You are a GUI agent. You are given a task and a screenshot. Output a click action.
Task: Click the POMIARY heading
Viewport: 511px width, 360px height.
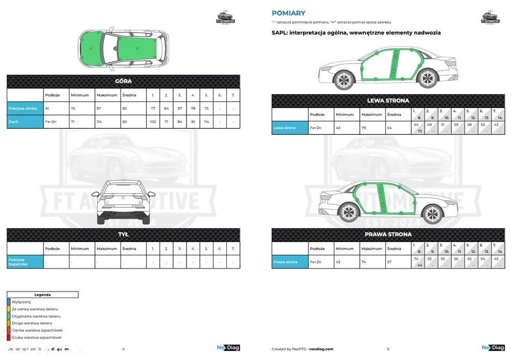[289, 13]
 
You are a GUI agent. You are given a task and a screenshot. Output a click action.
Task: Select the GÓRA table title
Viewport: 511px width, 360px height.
[123, 81]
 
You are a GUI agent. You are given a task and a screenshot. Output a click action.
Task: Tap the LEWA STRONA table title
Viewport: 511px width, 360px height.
[388, 101]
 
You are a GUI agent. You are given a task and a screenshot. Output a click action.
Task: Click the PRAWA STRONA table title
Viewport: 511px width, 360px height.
[388, 234]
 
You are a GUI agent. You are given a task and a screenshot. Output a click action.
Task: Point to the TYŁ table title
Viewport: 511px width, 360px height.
[123, 234]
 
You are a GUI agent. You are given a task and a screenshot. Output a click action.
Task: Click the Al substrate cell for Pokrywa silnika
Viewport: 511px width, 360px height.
[47, 108]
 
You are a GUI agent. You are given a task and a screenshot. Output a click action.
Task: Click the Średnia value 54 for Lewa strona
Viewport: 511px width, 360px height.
[390, 128]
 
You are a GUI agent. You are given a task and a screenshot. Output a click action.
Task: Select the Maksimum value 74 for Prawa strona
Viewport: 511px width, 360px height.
[364, 262]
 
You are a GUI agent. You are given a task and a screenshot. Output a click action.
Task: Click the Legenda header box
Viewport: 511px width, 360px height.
[42, 295]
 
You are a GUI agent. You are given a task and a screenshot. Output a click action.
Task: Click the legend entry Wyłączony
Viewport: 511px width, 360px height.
[21, 302]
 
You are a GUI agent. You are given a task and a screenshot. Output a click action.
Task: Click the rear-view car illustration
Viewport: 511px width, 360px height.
[123, 201]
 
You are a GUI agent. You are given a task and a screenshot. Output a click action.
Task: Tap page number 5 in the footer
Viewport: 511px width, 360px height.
[388, 349]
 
